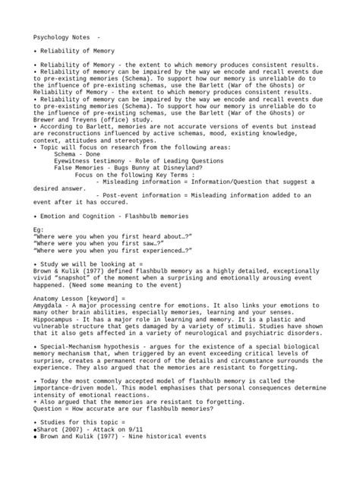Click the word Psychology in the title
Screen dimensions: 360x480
pyautogui.click(x=51, y=37)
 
